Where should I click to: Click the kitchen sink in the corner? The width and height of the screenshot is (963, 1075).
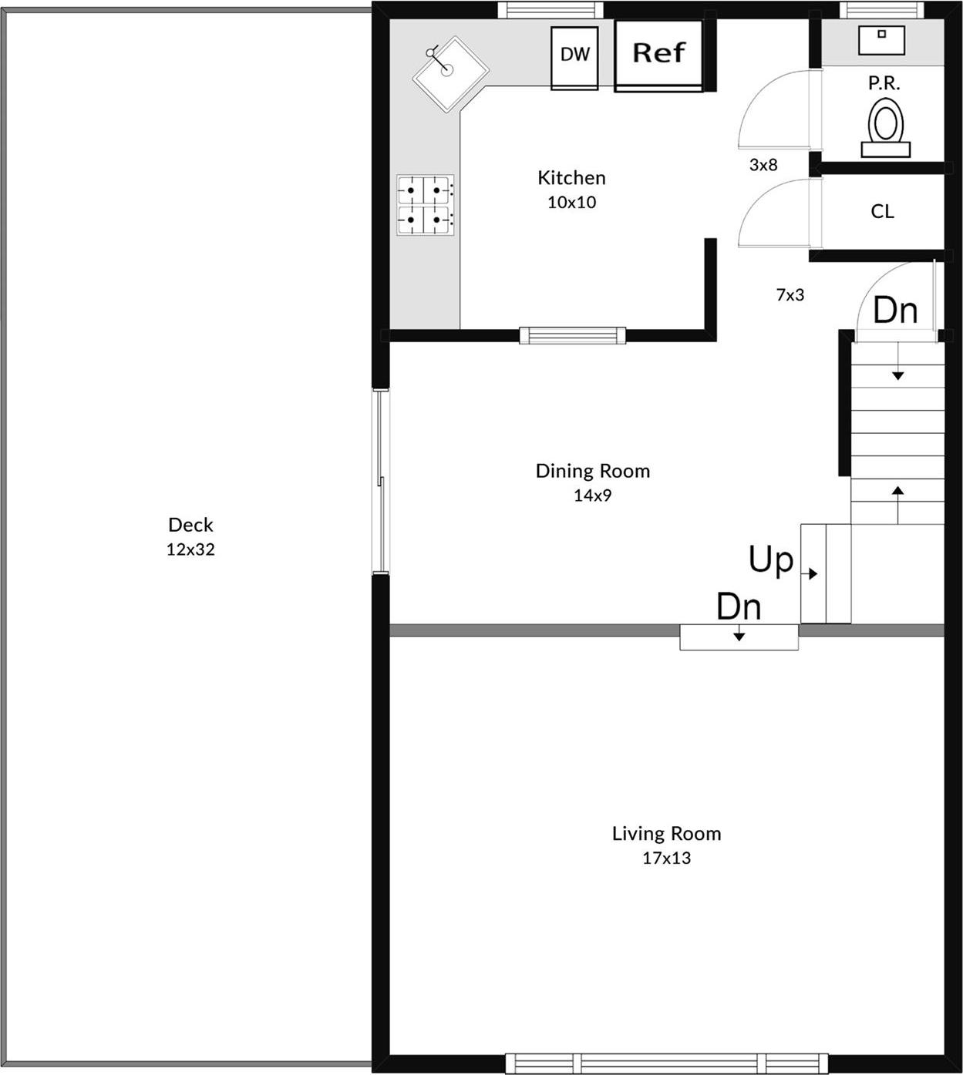point(450,74)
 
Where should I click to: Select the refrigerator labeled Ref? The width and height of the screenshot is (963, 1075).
point(658,55)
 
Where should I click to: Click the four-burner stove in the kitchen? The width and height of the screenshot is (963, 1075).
point(425,205)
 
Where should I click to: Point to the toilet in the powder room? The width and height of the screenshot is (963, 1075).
point(885,128)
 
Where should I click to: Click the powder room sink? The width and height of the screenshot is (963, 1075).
point(881,40)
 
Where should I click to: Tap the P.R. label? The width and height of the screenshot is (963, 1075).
point(884,83)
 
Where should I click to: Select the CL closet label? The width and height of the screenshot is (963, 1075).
point(882,211)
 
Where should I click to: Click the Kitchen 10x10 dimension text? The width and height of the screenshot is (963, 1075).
point(571,203)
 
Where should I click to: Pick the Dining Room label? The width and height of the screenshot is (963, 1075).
point(592,471)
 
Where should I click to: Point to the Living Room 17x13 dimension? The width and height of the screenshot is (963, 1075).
point(666,858)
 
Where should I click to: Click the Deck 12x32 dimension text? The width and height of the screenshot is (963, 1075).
point(190,549)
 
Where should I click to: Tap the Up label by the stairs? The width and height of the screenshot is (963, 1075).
point(770,559)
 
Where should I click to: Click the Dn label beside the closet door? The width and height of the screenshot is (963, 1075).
point(895,311)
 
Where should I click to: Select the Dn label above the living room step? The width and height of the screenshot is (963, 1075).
point(738,606)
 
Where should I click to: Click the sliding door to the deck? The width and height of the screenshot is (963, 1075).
point(380,482)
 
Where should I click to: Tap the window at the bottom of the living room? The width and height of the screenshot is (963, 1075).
point(666,1063)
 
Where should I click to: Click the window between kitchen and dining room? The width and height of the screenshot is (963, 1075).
point(572,335)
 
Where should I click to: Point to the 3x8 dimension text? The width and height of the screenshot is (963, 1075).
point(763,165)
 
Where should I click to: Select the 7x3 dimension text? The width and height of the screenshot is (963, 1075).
point(790,294)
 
